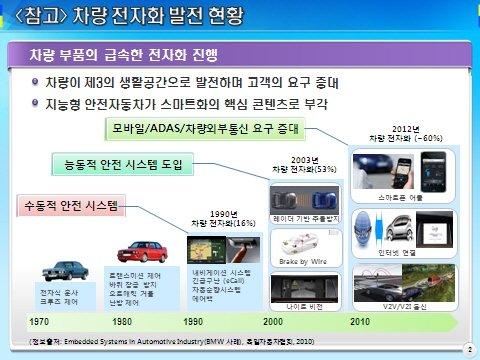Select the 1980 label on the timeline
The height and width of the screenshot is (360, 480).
[x=123, y=323]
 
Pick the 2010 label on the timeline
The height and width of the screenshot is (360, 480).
[x=359, y=323]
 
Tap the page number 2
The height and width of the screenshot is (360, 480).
[x=469, y=349]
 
